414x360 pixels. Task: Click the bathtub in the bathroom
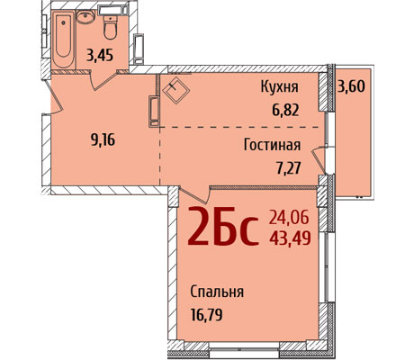(63, 40)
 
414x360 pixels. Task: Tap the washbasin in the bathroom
(85, 16)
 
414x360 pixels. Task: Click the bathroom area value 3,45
(100, 55)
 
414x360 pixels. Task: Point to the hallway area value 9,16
(103, 139)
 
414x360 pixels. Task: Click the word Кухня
(280, 87)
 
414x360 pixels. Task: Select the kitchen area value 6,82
(285, 110)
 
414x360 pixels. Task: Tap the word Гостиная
(272, 145)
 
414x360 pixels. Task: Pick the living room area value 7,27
(288, 168)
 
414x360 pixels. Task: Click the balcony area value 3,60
(351, 86)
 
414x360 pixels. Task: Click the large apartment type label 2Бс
(223, 226)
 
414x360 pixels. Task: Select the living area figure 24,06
(289, 218)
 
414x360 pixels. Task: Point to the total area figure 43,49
(290, 238)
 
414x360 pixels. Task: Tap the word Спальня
(217, 292)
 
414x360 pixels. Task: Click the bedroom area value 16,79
(206, 315)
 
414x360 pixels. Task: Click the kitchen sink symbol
(176, 90)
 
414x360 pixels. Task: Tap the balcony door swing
(319, 160)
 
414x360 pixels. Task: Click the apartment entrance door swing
(55, 96)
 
